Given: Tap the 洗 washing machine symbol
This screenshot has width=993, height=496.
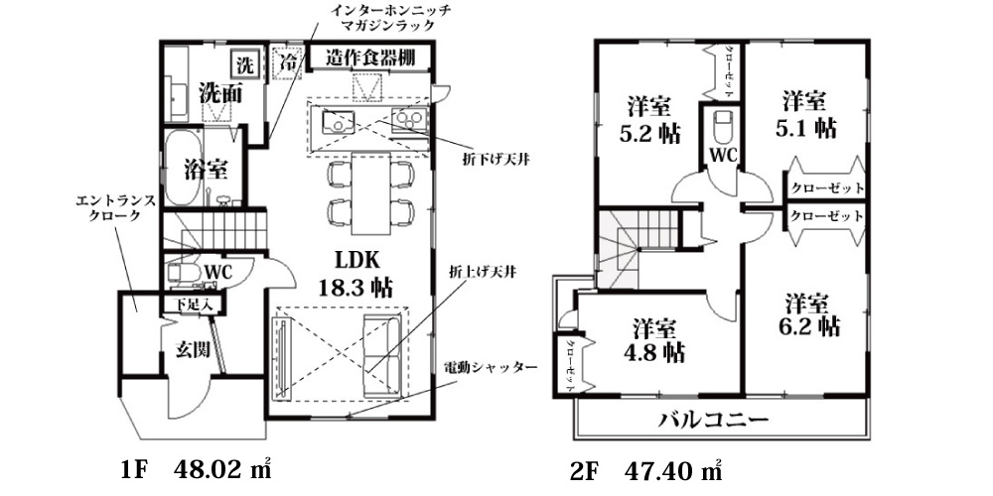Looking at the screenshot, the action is [x=244, y=63].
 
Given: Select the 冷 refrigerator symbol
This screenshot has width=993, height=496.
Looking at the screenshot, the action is [x=288, y=62].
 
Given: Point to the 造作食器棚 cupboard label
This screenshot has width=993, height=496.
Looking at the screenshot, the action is [x=370, y=58].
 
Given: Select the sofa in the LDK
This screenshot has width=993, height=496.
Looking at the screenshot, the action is [x=382, y=357].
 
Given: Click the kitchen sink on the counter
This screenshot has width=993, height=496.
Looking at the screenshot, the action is [x=340, y=121].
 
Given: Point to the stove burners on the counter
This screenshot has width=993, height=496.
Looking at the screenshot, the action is [x=409, y=120].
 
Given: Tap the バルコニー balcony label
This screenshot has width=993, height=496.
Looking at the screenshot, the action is [x=714, y=419].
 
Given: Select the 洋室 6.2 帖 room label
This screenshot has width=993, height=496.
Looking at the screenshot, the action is [x=813, y=314].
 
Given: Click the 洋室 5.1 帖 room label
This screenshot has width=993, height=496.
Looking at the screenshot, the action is [x=805, y=114].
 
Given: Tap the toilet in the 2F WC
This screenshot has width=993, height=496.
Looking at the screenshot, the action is [x=723, y=128].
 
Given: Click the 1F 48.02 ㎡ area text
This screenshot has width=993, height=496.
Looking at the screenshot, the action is [x=197, y=470].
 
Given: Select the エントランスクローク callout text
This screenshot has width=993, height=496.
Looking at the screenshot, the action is [x=114, y=208].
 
